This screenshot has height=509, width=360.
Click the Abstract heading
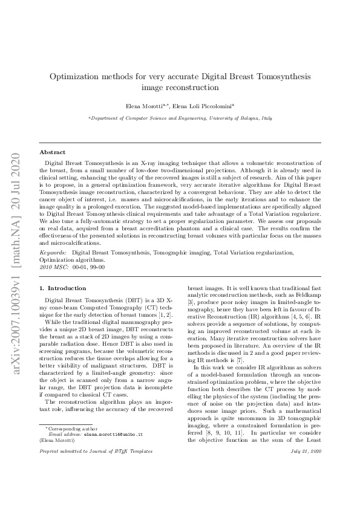point(52,152)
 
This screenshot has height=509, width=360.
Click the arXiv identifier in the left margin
point(16,254)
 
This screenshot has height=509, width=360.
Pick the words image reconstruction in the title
point(180,88)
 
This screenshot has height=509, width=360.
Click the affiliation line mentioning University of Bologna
point(180,120)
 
